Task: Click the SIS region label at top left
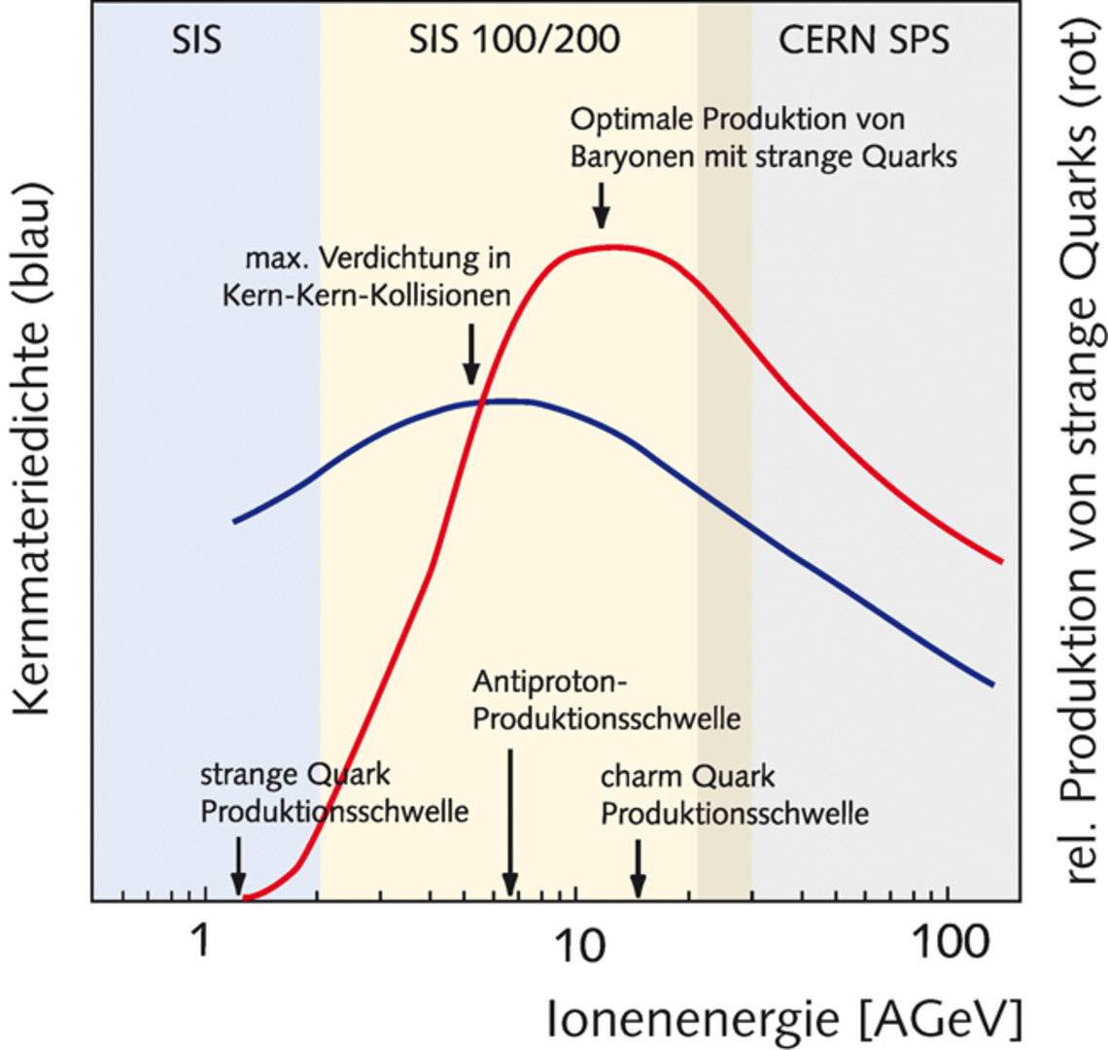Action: pos(196,40)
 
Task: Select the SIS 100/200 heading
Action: pos(514,40)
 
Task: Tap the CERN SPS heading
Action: pos(864,40)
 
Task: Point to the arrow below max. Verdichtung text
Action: pos(470,354)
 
